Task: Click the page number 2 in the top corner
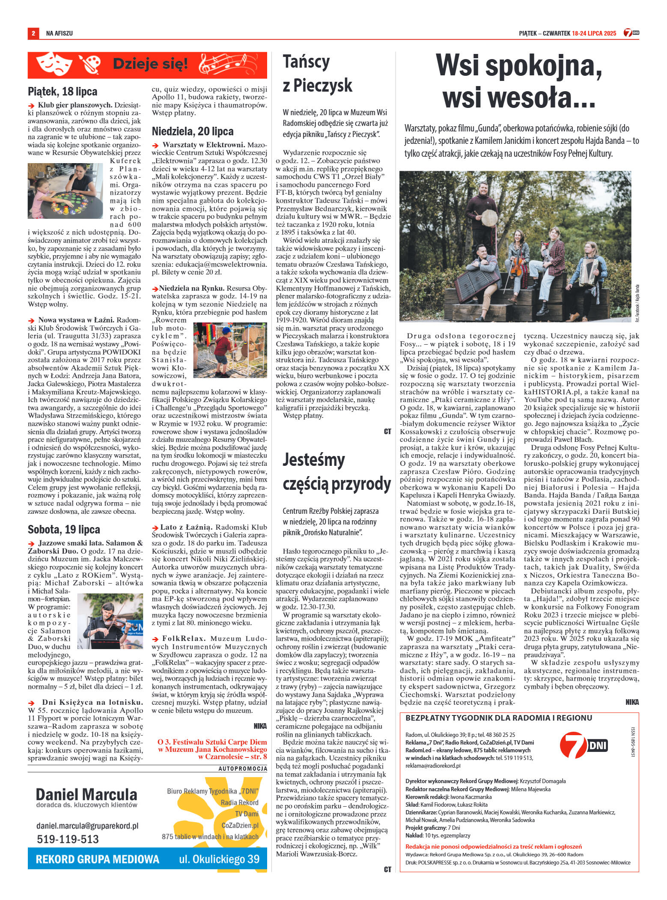coord(33,33)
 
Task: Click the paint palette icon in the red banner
coord(90,65)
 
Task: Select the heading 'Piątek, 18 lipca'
coord(63,91)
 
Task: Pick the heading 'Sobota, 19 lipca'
coord(64,529)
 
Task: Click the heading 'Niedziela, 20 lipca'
coord(193,131)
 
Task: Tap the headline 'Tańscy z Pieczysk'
coord(317,73)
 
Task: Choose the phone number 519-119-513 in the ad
coord(68,839)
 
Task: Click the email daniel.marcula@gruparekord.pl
coord(87,825)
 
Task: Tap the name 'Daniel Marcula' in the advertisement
coord(86,794)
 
